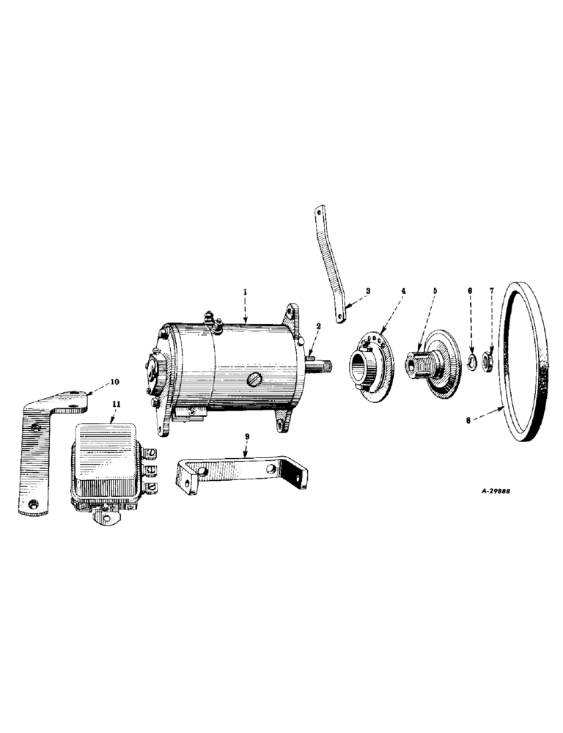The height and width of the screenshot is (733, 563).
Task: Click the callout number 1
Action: pos(246,292)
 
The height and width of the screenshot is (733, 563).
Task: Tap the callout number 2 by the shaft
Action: pos(318,327)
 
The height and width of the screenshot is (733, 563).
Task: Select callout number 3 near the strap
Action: pos(368,291)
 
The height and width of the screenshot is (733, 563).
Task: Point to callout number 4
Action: pos(402,291)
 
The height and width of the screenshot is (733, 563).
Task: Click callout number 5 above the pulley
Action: pos(435,291)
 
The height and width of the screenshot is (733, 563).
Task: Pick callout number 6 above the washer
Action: pos(470,291)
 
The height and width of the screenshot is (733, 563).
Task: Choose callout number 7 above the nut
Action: pos(491,291)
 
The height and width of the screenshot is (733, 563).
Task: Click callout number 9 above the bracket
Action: pos(248,438)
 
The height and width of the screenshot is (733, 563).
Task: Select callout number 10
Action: pos(114,382)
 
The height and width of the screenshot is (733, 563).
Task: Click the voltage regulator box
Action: pos(110,462)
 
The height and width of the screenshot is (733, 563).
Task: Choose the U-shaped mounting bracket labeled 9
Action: pos(242,469)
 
